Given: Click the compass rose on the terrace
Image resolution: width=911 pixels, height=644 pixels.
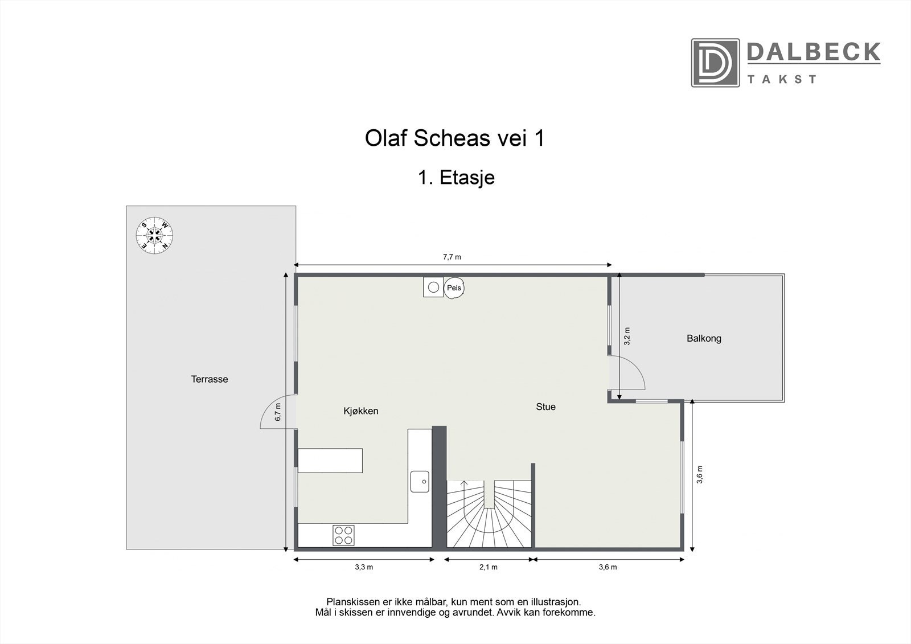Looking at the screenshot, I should pyautogui.click(x=154, y=235).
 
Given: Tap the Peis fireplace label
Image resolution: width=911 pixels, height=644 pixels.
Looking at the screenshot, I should pyautogui.click(x=454, y=288).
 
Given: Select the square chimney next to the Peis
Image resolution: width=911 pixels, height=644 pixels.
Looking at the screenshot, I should pyautogui.click(x=433, y=287).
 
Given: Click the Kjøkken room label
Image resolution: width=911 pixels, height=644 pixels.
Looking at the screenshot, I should pyautogui.click(x=361, y=411).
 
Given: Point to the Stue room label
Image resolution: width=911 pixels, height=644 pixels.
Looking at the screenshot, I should pyautogui.click(x=545, y=407).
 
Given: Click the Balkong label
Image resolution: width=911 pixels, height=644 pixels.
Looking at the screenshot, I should pyautogui.click(x=704, y=338).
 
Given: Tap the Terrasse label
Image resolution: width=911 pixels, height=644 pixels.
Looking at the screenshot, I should pyautogui.click(x=210, y=379).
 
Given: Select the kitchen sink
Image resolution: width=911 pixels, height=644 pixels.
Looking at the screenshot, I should pyautogui.click(x=420, y=481).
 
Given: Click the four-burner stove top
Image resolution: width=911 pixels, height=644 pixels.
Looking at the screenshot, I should pyautogui.click(x=343, y=535).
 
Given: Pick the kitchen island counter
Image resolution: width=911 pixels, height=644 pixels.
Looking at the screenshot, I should pyautogui.click(x=330, y=461).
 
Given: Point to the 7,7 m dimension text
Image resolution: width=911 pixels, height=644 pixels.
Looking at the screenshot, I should pyautogui.click(x=452, y=257).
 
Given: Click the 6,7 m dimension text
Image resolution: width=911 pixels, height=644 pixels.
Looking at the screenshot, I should pyautogui.click(x=278, y=412).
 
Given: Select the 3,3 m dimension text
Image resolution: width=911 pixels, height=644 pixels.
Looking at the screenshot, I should pyautogui.click(x=364, y=567).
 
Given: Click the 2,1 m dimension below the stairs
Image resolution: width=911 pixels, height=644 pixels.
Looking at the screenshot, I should pyautogui.click(x=489, y=567).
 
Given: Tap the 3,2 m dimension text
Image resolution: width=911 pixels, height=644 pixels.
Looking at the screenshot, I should pyautogui.click(x=627, y=336).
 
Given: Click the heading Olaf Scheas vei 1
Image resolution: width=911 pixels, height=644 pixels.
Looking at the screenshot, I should pyautogui.click(x=454, y=138).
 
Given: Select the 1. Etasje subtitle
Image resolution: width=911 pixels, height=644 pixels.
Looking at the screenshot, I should pyautogui.click(x=456, y=178).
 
